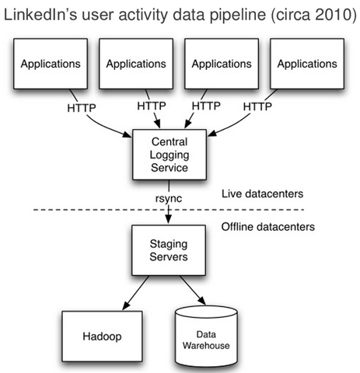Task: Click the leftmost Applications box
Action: [x=51, y=64]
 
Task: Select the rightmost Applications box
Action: [x=307, y=64]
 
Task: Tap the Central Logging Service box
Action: [x=170, y=155]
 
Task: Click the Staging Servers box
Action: [x=169, y=250]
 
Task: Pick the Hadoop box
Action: [x=102, y=336]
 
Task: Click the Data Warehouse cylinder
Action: [x=206, y=336]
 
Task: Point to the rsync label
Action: [x=169, y=199]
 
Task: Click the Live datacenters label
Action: [x=262, y=193]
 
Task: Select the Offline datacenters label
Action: [x=268, y=227]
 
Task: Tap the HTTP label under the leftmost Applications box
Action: [x=82, y=108]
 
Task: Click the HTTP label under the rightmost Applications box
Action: [x=257, y=106]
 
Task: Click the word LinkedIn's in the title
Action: [x=40, y=15]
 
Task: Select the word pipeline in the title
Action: [x=237, y=16]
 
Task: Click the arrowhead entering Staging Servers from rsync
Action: [x=169, y=219]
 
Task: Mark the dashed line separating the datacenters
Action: [x=169, y=210]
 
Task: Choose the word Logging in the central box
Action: [x=170, y=155]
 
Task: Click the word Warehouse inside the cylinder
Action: [x=206, y=346]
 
